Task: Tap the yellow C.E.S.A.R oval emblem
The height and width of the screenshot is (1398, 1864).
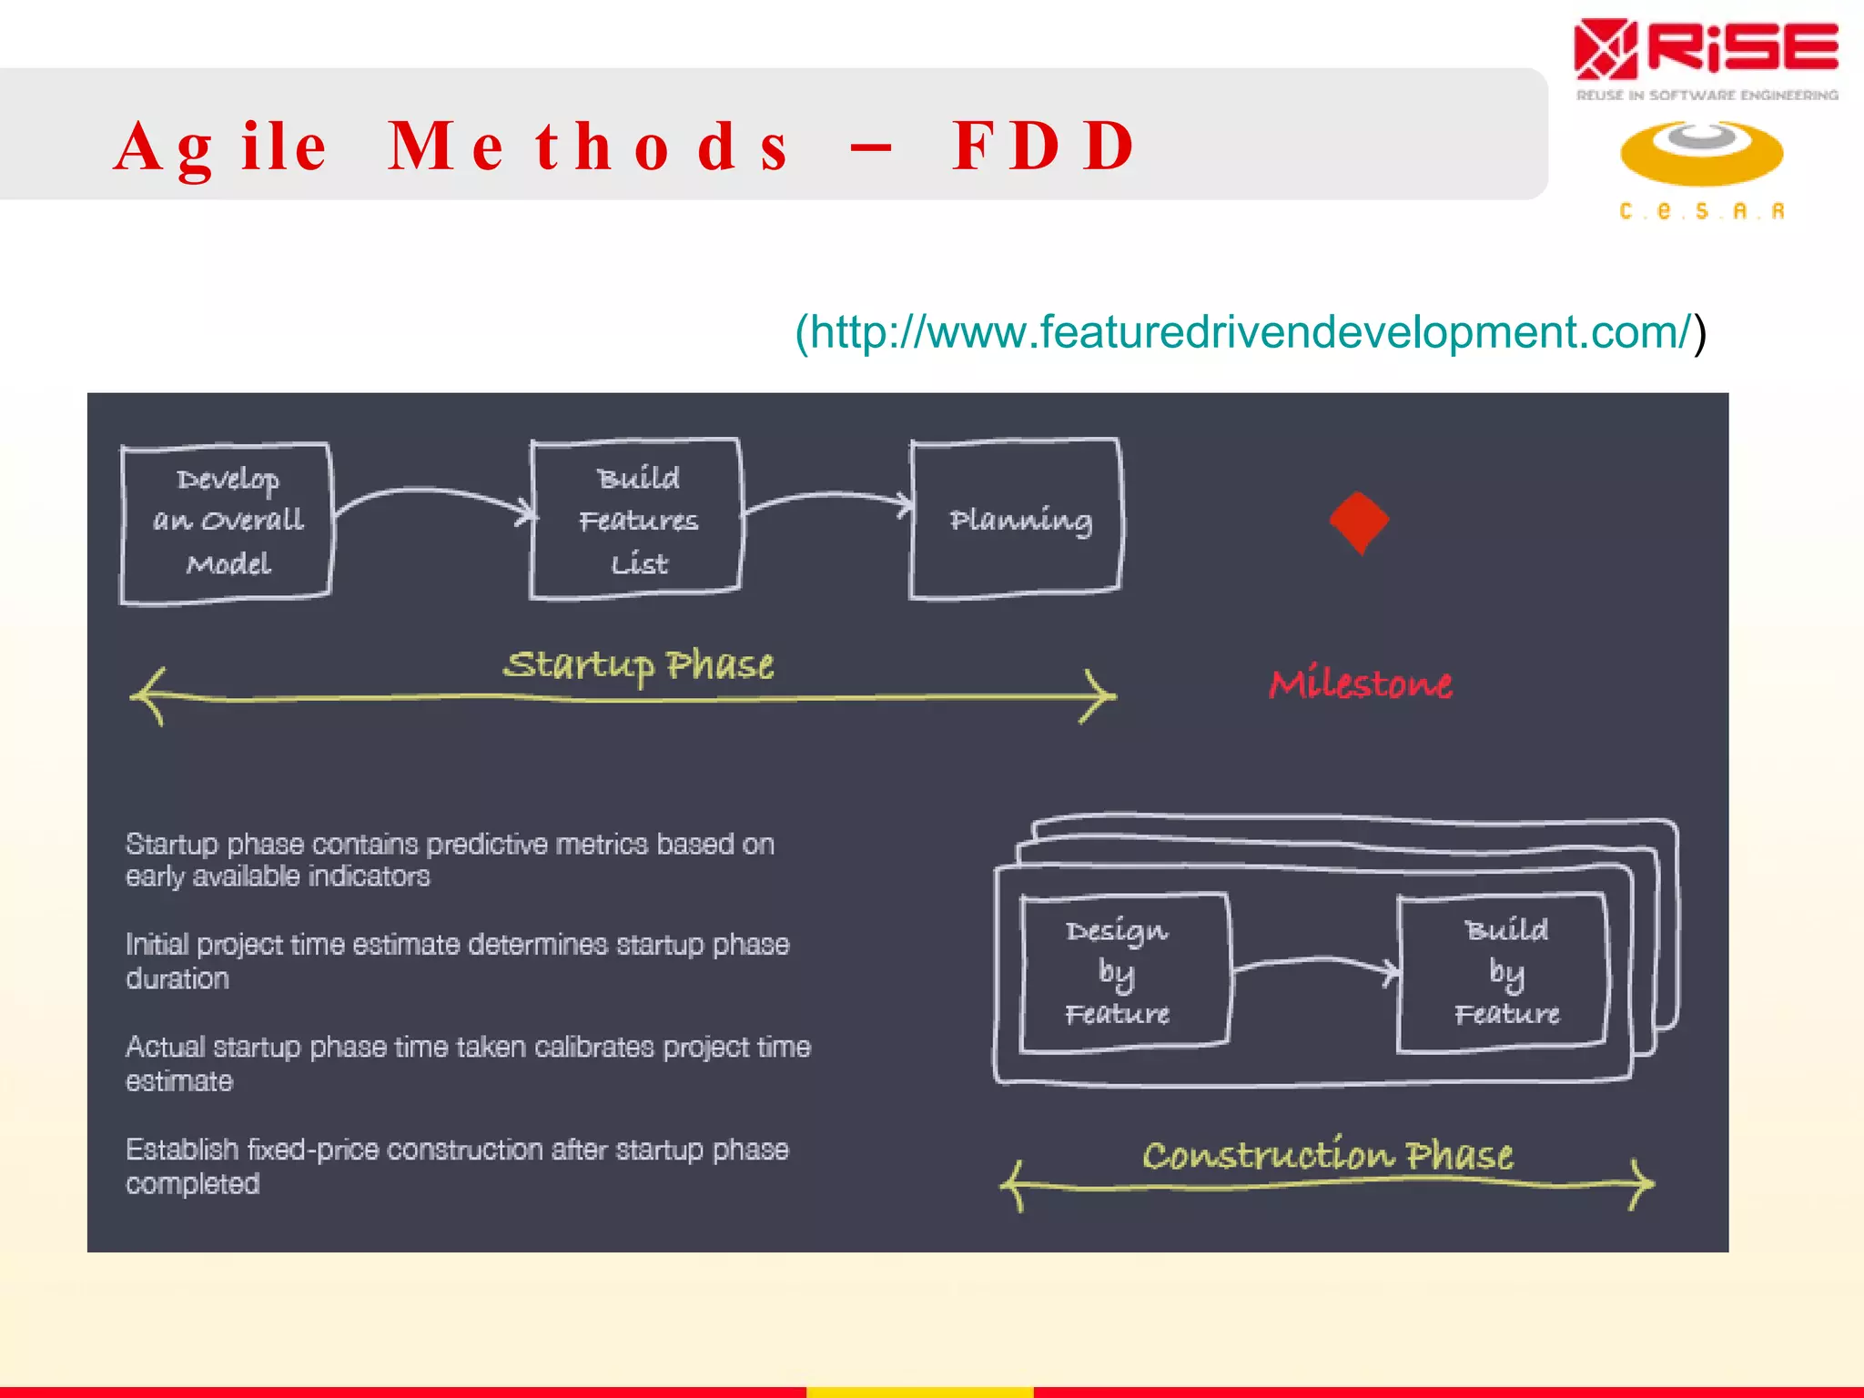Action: [x=1701, y=154]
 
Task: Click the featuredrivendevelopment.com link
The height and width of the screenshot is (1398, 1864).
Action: [x=1250, y=332]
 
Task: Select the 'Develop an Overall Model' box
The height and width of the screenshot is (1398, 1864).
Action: [x=227, y=522]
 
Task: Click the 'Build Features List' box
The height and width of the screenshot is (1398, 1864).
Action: [x=637, y=520]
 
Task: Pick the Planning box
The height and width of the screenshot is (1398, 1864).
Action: [x=1017, y=520]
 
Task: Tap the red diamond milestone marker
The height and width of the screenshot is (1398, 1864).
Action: [x=1359, y=522]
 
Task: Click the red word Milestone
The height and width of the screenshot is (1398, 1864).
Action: [x=1360, y=684]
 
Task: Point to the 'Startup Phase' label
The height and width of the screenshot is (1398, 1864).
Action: [x=638, y=665]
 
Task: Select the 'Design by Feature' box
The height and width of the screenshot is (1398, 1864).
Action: [x=1123, y=973]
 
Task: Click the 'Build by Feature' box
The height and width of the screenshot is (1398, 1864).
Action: [x=1504, y=973]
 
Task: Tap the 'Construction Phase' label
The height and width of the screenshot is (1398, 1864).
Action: [x=1327, y=1156]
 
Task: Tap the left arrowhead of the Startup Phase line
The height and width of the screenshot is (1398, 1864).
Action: [x=147, y=696]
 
